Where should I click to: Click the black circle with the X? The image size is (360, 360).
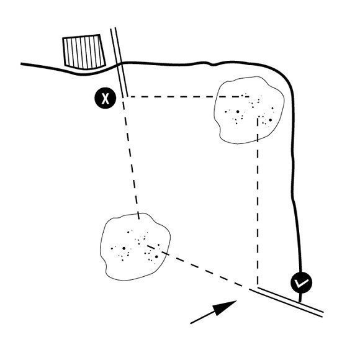(106, 98)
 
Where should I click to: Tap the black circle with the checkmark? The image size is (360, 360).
(302, 282)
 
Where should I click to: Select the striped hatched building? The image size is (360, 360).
(84, 52)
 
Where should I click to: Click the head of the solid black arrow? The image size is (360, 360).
(236, 301)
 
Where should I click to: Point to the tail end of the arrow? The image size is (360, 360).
(191, 323)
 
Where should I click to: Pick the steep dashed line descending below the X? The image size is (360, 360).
(130, 158)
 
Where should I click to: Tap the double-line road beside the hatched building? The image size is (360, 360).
(119, 62)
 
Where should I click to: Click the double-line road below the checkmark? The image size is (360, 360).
(287, 302)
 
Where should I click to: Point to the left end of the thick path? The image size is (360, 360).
(21, 64)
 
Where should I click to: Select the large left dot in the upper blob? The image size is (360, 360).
(238, 112)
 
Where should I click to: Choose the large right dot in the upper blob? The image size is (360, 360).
(271, 120)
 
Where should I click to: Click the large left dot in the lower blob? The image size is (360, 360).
(124, 248)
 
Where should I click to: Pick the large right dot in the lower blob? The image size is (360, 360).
(156, 257)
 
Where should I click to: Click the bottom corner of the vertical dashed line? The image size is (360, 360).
(258, 284)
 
